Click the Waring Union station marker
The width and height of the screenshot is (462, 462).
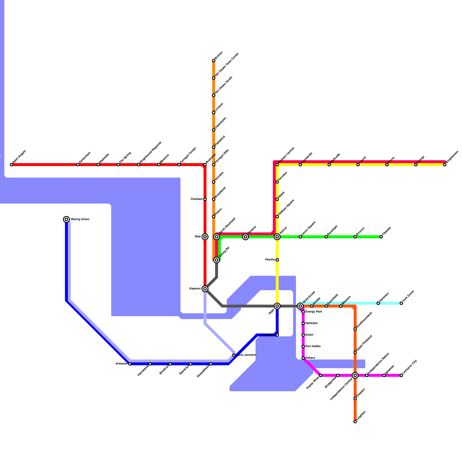click(66, 219)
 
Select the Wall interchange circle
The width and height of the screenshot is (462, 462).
click(205, 237)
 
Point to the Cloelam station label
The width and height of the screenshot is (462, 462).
click(197, 199)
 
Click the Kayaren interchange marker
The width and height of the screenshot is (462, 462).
click(205, 289)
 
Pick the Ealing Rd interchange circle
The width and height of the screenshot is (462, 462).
click(217, 260)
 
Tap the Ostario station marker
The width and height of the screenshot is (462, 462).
click(245, 237)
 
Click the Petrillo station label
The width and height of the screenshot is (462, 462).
click(270, 260)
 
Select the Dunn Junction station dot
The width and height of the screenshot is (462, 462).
click(234, 355)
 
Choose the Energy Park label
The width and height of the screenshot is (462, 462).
click(314, 312)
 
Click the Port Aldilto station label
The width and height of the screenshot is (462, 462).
click(313, 346)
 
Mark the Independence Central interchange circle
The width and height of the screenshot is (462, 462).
click(355, 375)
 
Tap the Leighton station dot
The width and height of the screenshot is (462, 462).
click(355, 422)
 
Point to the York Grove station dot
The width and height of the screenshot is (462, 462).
click(401, 303)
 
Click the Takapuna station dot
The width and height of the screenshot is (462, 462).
click(277, 335)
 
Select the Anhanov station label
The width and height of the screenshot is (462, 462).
click(121, 364)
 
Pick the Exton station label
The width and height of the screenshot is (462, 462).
click(309, 335)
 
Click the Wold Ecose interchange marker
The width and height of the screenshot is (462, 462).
click(300, 306)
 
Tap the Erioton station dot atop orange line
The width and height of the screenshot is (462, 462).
click(214, 61)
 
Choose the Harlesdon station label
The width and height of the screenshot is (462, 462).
click(312, 323)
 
